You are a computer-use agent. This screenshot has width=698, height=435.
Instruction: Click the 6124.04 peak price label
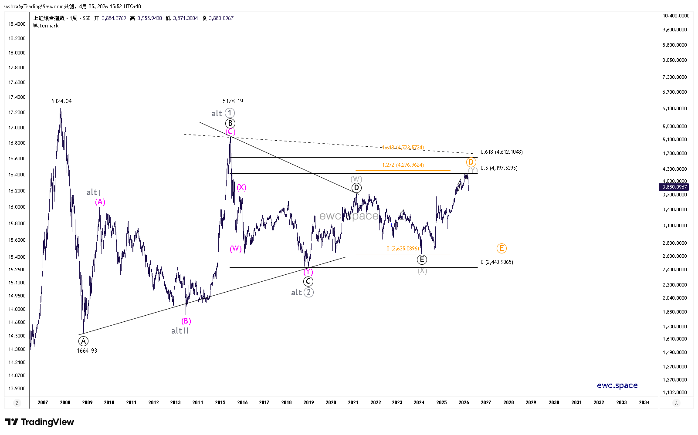point(61,101)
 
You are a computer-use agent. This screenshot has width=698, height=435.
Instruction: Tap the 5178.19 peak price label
point(233,101)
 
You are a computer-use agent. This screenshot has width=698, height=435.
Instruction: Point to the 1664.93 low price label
point(87,351)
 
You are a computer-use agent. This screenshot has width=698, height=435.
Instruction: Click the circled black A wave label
point(83,341)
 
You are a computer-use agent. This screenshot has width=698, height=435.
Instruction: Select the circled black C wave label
point(308,281)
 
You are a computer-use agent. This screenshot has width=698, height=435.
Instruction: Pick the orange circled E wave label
point(501,248)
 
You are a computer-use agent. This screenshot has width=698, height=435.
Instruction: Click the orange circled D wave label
point(471,162)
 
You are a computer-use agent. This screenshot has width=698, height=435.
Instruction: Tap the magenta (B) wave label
point(186,321)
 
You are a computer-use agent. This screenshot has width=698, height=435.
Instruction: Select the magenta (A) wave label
point(100,202)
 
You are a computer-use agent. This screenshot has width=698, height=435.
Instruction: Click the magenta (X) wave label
point(241,187)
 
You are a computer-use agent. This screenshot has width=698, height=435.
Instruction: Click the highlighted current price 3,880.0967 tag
point(674,187)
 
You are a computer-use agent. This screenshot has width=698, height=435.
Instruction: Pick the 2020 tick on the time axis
point(331,402)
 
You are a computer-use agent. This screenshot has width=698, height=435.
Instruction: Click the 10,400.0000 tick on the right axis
point(676,16)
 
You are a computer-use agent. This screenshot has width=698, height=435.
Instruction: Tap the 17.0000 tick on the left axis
point(17,128)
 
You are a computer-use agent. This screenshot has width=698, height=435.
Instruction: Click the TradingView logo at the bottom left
point(39,422)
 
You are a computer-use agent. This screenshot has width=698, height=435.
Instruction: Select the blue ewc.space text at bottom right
point(617,385)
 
